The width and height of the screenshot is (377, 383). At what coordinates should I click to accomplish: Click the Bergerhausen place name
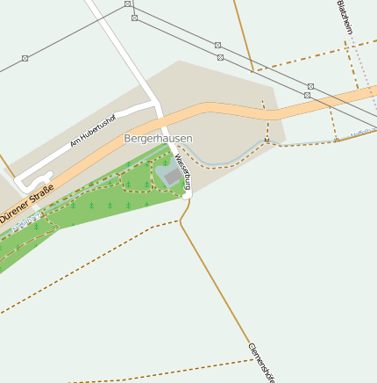[158, 139]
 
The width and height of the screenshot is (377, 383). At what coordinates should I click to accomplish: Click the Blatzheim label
[345, 17]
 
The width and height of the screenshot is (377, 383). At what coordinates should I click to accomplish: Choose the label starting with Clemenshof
[261, 363]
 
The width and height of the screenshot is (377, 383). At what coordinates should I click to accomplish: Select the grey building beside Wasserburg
[173, 177]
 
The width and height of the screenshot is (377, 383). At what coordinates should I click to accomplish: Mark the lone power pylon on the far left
[25, 59]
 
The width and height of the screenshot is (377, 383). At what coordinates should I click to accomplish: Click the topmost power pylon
[128, 4]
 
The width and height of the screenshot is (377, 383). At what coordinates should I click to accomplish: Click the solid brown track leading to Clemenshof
[219, 281]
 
